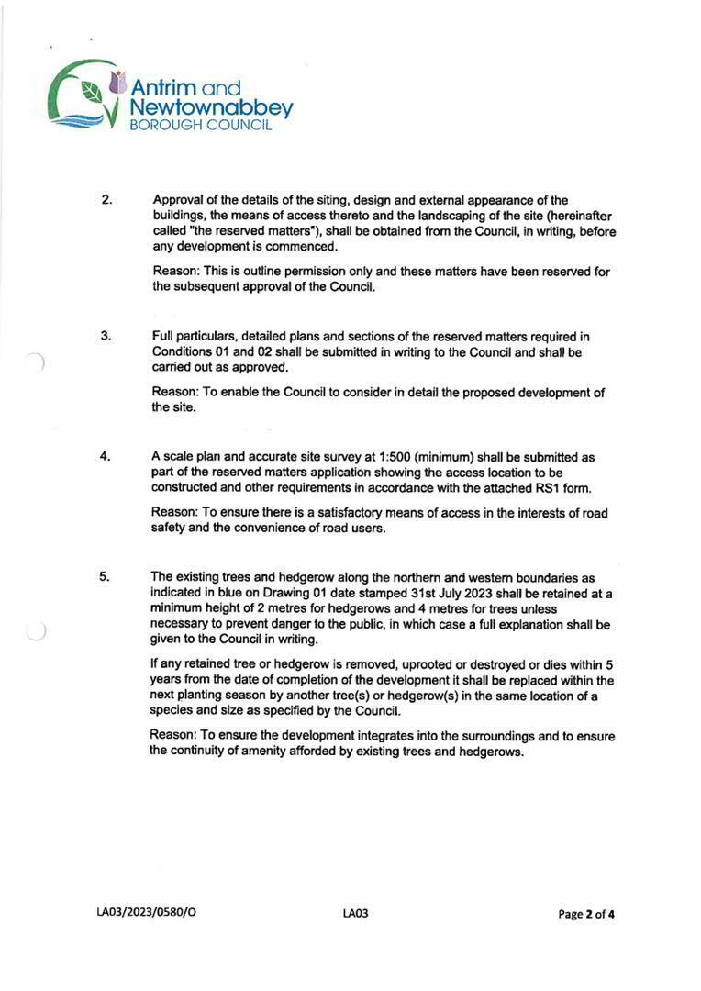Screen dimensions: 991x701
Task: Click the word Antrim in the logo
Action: tap(164, 88)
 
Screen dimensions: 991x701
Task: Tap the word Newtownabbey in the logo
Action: tap(212, 108)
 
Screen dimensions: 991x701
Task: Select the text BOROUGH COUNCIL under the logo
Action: tap(200, 126)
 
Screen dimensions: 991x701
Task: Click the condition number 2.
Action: tap(106, 199)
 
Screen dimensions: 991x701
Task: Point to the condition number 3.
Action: tap(106, 335)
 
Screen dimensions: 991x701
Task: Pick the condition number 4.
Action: tap(106, 456)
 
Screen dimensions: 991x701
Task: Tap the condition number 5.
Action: tap(106, 577)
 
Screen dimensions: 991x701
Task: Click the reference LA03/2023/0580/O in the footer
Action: tap(146, 914)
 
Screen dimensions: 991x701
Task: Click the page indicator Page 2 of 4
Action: tap(587, 914)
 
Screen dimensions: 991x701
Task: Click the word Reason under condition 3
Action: tap(174, 393)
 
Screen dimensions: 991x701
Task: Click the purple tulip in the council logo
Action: tap(117, 82)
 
